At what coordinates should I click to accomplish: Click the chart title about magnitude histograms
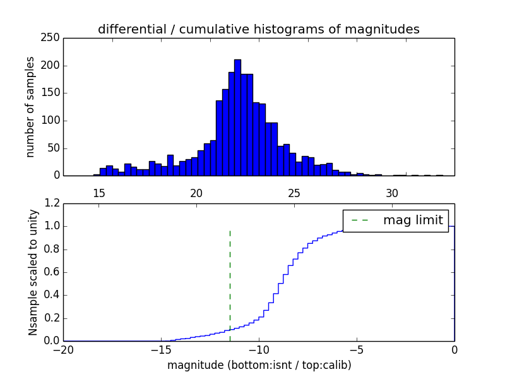pyautogui.click(x=258, y=29)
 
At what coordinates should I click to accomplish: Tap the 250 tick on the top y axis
pyautogui.click(x=52, y=38)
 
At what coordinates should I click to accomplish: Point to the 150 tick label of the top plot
pyautogui.click(x=52, y=93)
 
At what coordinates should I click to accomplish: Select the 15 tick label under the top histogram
pyautogui.click(x=99, y=193)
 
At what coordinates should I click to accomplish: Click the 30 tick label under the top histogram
pyautogui.click(x=392, y=193)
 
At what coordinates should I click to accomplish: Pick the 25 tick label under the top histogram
pyautogui.click(x=294, y=193)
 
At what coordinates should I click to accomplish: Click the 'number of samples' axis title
pyautogui.click(x=30, y=107)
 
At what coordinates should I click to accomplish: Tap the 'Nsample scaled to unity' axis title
pyautogui.click(x=33, y=272)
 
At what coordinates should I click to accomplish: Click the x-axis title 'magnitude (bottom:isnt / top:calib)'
pyautogui.click(x=259, y=365)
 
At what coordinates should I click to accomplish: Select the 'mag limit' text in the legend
pyautogui.click(x=413, y=220)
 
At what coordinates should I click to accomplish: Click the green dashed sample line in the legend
pyautogui.click(x=360, y=220)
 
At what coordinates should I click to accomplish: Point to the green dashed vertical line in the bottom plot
pyautogui.click(x=230, y=284)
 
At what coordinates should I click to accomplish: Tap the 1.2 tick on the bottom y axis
pyautogui.click(x=52, y=203)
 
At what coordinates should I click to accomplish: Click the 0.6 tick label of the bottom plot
pyautogui.click(x=52, y=272)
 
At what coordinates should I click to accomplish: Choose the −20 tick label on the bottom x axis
pyautogui.click(x=63, y=349)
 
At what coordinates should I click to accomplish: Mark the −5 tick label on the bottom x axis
pyautogui.click(x=357, y=349)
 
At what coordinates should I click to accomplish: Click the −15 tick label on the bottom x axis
pyautogui.click(x=161, y=349)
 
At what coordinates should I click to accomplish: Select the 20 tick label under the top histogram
pyautogui.click(x=196, y=193)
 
